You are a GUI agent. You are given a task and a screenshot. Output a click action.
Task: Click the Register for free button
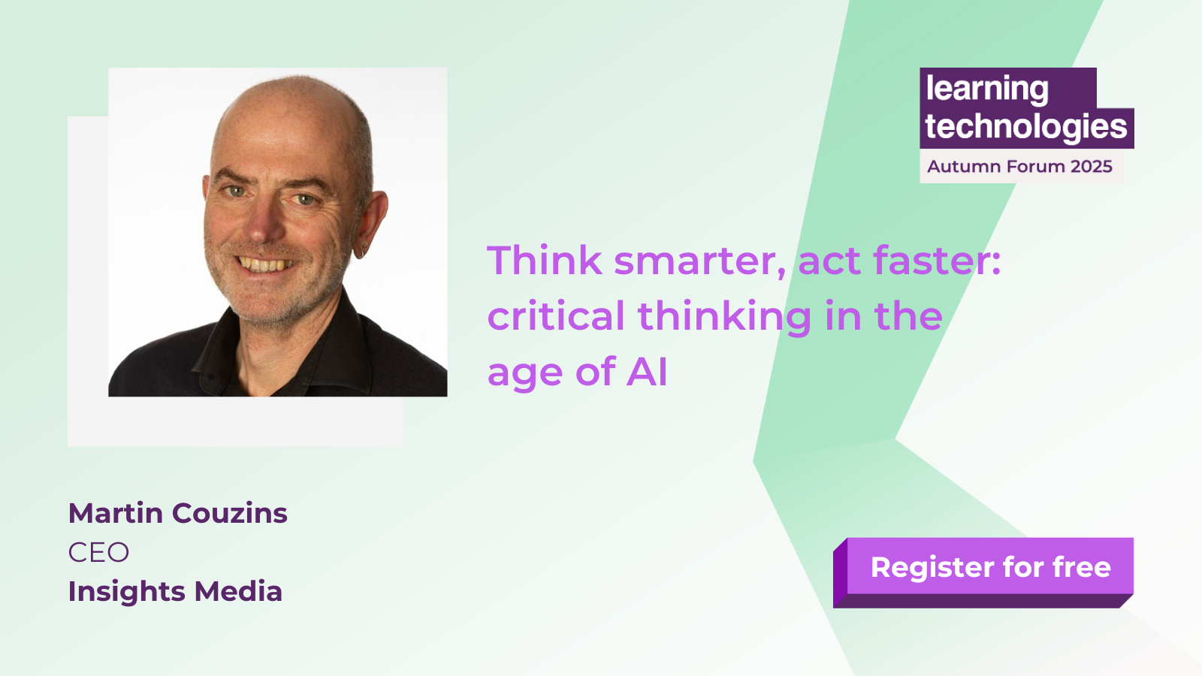click(983, 572)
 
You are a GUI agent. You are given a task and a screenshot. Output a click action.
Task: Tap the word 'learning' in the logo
click(987, 89)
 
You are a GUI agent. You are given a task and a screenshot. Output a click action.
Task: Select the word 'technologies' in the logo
click(1025, 127)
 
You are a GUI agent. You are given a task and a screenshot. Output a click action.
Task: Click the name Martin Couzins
click(177, 513)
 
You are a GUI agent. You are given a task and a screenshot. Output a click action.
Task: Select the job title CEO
click(98, 552)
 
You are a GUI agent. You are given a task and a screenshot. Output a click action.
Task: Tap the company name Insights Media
click(175, 591)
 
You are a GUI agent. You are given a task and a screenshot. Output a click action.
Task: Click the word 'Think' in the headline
click(544, 260)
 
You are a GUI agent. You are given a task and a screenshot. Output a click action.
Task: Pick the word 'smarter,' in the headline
click(700, 262)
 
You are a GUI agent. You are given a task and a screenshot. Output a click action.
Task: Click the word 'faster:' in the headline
click(936, 260)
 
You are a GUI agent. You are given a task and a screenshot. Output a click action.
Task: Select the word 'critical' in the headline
click(556, 315)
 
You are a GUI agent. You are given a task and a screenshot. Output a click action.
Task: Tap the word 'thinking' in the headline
click(724, 318)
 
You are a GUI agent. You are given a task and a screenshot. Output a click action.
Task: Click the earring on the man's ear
click(364, 251)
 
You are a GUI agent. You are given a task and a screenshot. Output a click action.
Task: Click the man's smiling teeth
click(265, 264)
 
